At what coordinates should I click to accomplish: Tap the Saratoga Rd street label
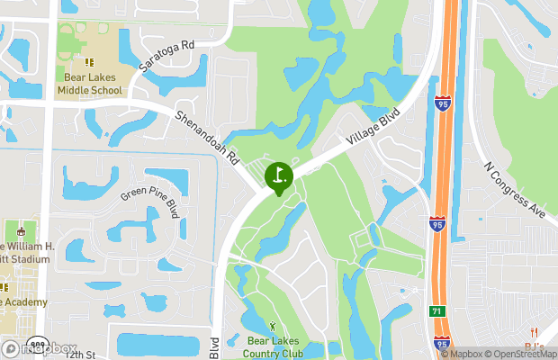click(167, 56)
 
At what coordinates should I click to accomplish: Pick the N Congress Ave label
click(515, 190)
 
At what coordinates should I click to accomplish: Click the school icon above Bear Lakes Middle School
click(89, 62)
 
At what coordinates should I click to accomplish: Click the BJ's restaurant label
click(535, 347)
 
